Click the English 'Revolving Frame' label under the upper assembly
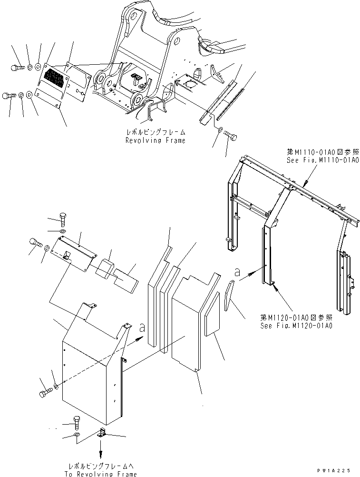tap(155, 140)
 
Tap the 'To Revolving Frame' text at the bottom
tap(101, 474)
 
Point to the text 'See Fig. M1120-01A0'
tap(296, 326)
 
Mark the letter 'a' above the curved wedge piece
tap(236, 272)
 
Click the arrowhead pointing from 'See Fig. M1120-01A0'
tap(275, 284)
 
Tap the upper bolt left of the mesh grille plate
tap(16, 68)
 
